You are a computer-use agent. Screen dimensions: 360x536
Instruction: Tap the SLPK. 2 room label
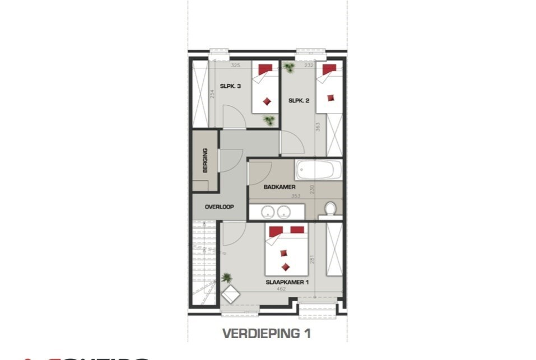coord(299,101)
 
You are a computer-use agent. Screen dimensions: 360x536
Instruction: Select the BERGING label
coord(205,160)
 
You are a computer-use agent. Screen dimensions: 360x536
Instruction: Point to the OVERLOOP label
coord(219,207)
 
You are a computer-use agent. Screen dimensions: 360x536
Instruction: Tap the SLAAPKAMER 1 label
coord(287,282)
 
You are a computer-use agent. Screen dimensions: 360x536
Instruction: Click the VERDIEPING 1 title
coord(267,334)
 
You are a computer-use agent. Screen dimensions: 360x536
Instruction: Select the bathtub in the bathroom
coord(318,169)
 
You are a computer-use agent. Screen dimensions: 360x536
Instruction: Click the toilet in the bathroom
coord(330,209)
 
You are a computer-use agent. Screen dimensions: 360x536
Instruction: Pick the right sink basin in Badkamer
coord(285,212)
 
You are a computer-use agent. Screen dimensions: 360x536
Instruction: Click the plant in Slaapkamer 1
coord(226,277)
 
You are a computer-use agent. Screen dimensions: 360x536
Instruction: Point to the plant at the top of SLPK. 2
coord(289,68)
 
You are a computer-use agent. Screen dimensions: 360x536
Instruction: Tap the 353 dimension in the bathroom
coord(296,196)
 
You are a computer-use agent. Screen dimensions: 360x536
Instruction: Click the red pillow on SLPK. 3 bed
coord(265,69)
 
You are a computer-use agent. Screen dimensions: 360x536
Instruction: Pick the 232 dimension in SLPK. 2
coord(309,66)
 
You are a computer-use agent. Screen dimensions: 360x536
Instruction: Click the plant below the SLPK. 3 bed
coord(269,120)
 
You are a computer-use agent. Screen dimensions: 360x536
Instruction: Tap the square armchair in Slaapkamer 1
coord(230,294)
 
